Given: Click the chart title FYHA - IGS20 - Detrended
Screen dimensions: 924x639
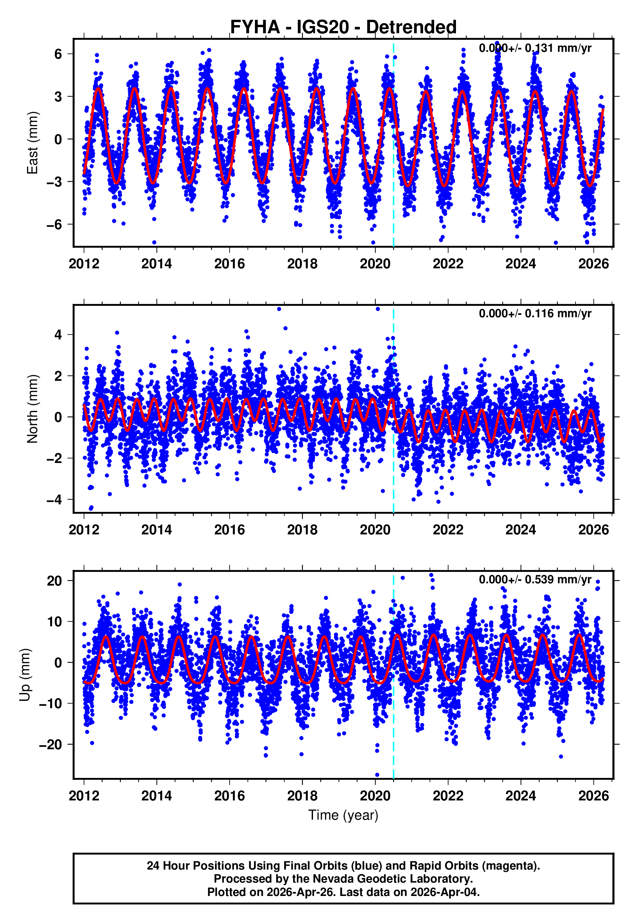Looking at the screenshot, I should coord(343,27).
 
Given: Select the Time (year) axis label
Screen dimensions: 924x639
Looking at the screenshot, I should coord(343,815).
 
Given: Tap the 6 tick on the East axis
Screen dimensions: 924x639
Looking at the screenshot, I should coord(58,54).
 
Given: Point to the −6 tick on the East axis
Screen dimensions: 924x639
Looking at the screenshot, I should coord(54,225).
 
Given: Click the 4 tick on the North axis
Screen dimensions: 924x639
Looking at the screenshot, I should coord(58,335).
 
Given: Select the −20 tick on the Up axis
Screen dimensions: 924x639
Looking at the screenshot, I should coord(50,744).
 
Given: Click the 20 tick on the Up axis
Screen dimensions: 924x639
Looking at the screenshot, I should coord(54,581).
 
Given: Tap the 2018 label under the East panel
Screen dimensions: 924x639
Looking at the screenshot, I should coord(302,264).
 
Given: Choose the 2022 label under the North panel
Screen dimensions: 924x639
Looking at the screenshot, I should coord(448,530).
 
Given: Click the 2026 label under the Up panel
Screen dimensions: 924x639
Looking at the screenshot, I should coord(593,796).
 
